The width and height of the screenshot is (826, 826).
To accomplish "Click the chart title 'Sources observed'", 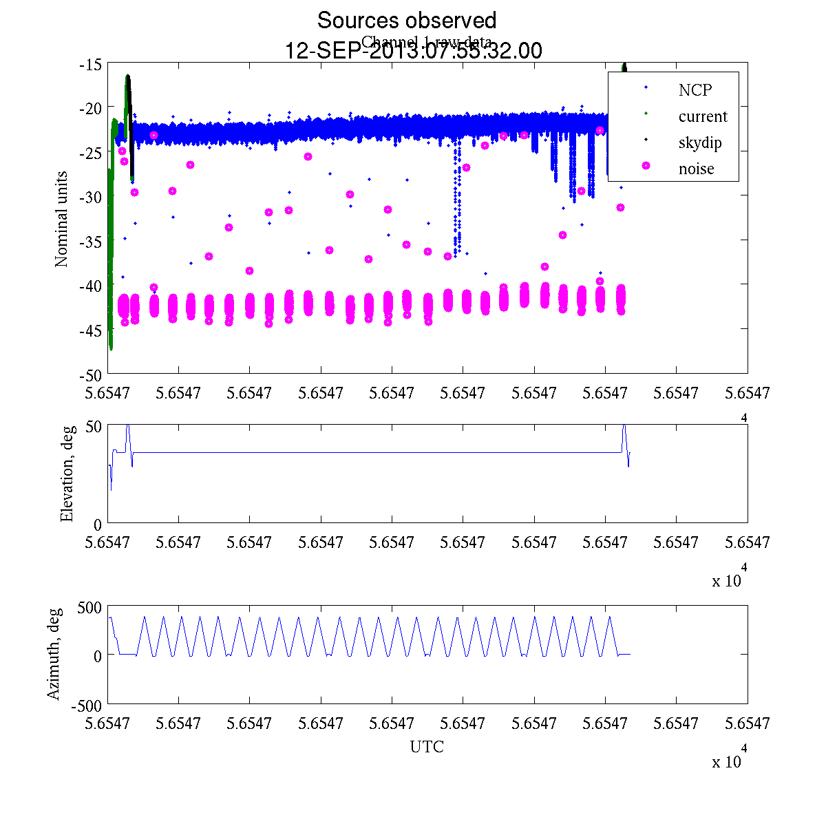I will (x=406, y=21).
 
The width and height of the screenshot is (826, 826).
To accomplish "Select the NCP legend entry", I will (x=695, y=90).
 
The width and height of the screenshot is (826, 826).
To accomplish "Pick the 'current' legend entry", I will (x=702, y=116).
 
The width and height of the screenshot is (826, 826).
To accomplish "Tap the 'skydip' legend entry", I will (x=699, y=142).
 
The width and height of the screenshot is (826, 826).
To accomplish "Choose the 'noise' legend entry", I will (x=696, y=169).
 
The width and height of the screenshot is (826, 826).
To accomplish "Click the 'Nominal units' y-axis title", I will (x=62, y=219).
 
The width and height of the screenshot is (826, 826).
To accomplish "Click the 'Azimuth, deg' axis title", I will (x=54, y=653).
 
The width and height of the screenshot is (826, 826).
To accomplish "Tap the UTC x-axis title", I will (x=427, y=747).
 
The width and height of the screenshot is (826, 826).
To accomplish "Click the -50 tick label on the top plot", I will (x=91, y=375).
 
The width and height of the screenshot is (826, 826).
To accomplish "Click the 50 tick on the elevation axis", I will (x=94, y=426).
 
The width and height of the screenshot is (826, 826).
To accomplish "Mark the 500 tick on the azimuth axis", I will (x=89, y=607).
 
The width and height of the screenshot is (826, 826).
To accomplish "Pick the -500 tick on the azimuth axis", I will (x=86, y=706).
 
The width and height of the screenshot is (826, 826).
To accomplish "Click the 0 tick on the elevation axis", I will (x=97, y=525).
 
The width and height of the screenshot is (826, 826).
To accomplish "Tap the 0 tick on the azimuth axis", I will (x=97, y=656).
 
